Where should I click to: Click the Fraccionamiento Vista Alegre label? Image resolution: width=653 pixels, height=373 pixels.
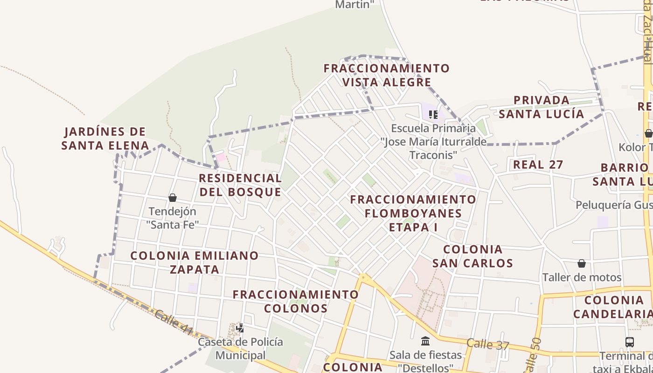[x=387, y=76]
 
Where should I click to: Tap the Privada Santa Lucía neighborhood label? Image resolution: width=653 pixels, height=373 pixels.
[x=542, y=107]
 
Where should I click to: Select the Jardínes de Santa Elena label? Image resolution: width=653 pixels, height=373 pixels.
[x=105, y=138]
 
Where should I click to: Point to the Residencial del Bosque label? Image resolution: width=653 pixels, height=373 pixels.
[x=240, y=185]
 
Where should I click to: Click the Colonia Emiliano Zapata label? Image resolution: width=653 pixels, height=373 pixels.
[x=195, y=262]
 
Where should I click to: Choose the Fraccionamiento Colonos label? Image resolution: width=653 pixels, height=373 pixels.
[x=296, y=301]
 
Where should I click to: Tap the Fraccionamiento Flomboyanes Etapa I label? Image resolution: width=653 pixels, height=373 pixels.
[x=413, y=214]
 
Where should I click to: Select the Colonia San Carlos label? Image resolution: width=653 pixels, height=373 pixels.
[x=472, y=256]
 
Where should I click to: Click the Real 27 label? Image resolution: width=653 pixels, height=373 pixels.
[x=538, y=165]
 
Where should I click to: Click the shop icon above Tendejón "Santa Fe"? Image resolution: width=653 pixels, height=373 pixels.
[x=173, y=198]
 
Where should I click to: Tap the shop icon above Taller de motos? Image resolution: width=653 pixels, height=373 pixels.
[x=582, y=263]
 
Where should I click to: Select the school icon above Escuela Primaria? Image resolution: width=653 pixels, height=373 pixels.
[x=433, y=114]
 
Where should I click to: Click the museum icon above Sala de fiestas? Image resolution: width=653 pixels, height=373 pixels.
[x=425, y=341]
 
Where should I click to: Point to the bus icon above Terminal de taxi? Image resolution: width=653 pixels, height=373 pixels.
[x=629, y=342]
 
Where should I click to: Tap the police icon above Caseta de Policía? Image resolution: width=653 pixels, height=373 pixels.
[x=240, y=328]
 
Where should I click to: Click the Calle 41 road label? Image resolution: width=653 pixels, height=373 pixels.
[x=173, y=322]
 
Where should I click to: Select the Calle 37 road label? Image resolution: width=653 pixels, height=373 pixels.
[x=487, y=345]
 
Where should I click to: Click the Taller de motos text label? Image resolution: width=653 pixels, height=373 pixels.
[x=582, y=278]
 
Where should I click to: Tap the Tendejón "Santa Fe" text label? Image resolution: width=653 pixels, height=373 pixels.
[x=172, y=218]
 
